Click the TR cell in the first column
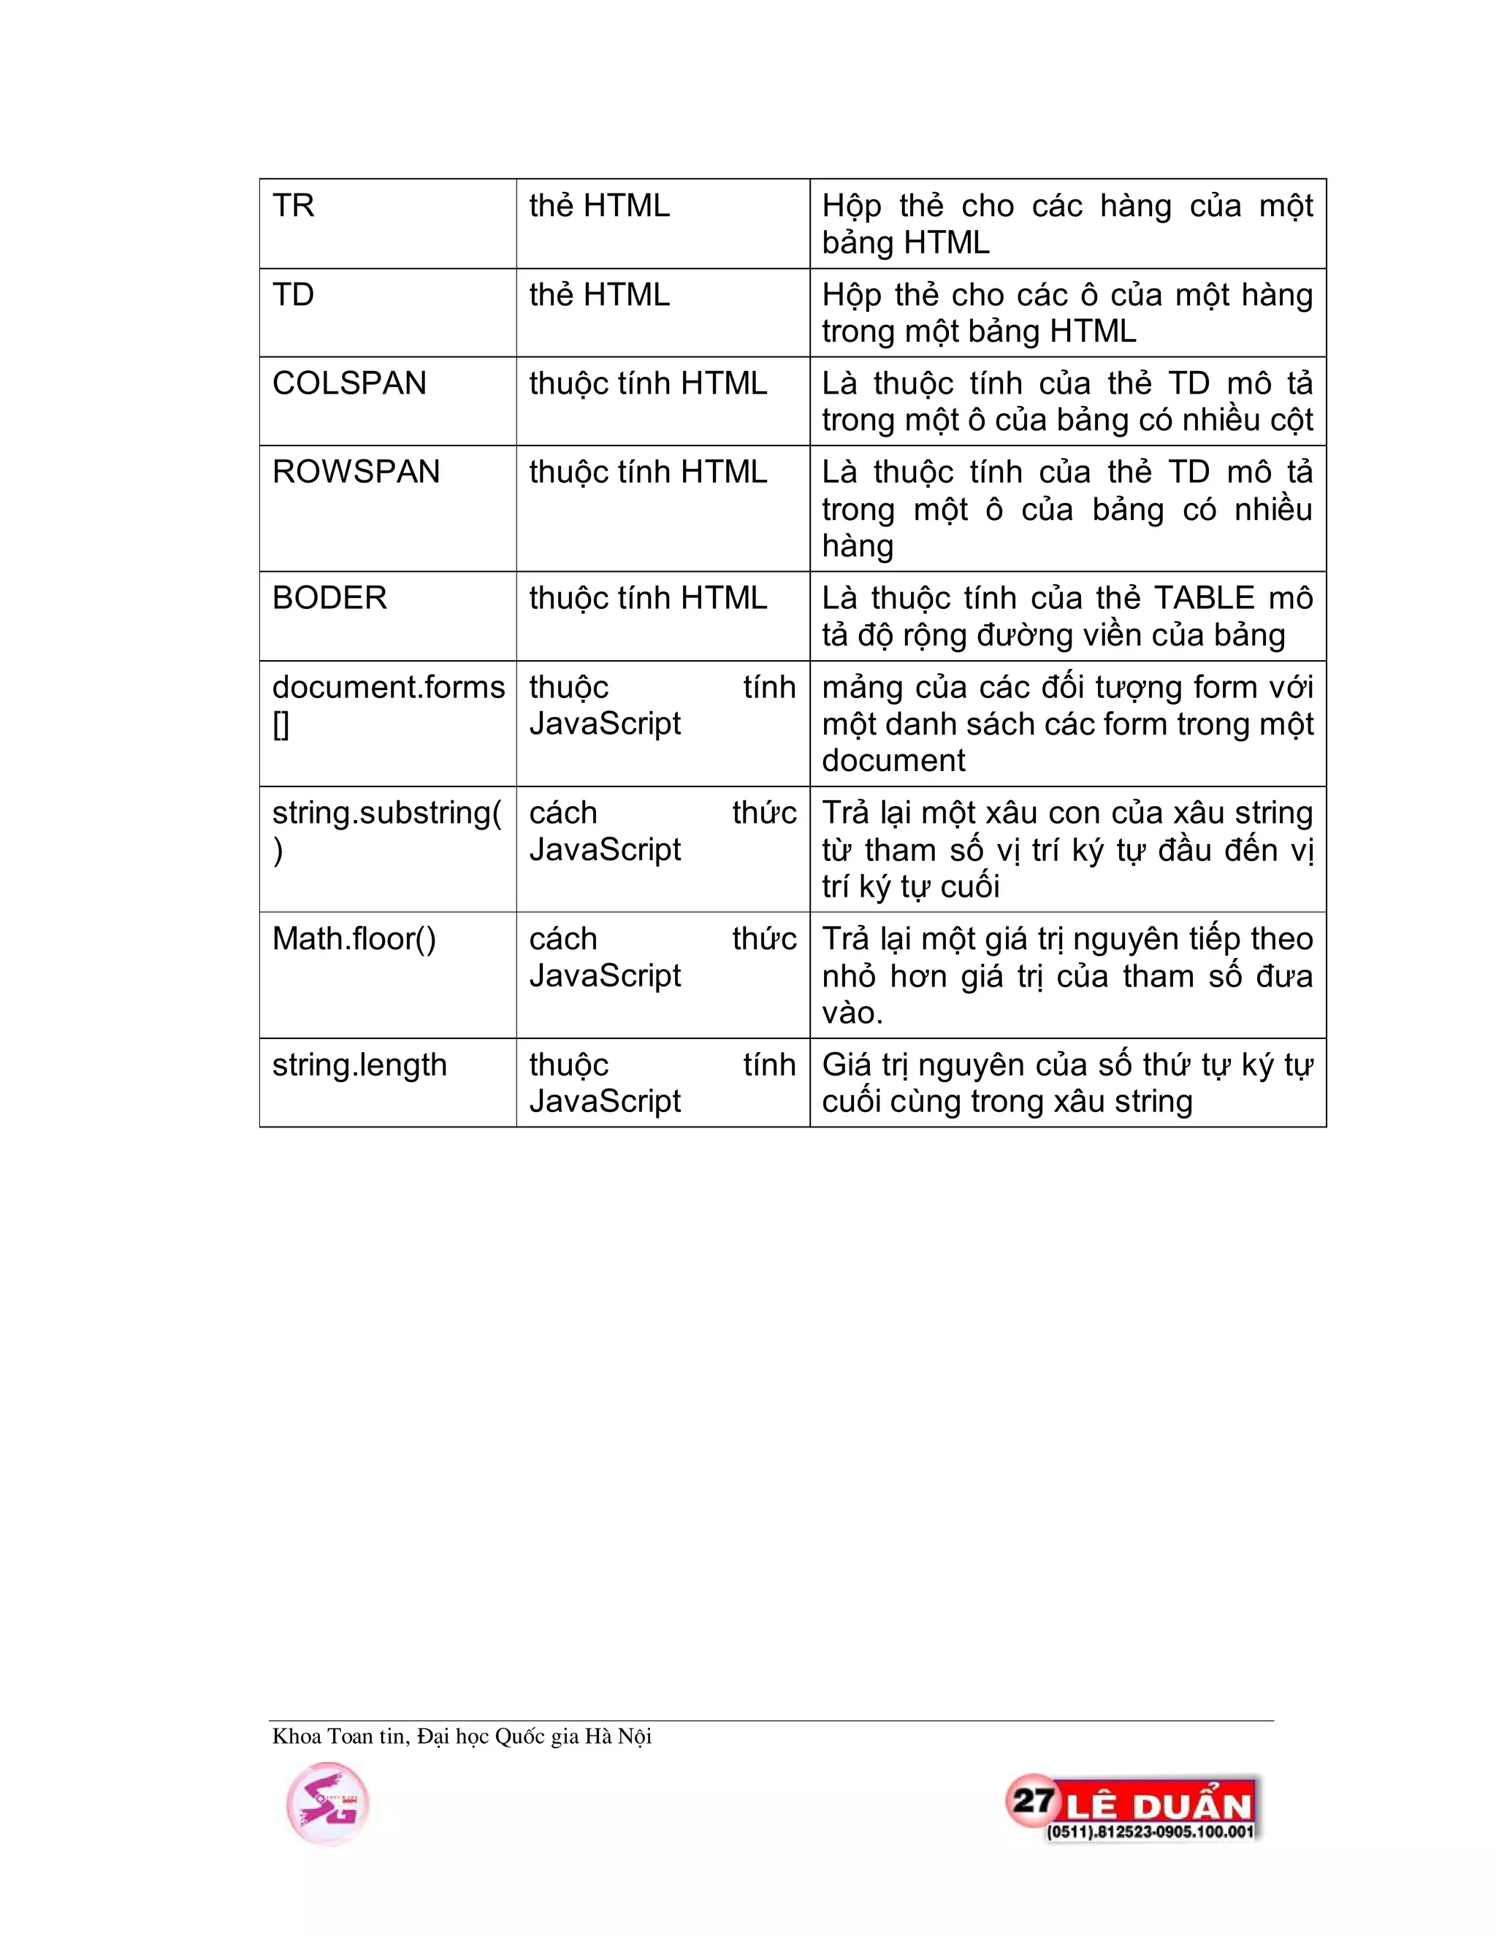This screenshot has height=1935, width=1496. click(x=294, y=206)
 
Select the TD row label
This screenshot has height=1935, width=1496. click(x=294, y=295)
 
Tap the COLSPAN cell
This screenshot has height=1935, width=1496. click(x=349, y=383)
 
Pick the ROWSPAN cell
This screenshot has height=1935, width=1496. click(x=356, y=472)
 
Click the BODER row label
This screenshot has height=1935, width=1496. click(x=329, y=598)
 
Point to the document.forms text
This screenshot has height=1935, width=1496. click(x=388, y=688)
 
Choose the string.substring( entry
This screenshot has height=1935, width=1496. click(x=386, y=813)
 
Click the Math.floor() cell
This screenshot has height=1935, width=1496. click(x=354, y=939)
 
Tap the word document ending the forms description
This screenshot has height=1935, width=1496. click(x=893, y=760)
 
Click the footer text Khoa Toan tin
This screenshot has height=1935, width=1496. click(x=340, y=1736)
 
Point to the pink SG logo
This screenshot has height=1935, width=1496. click(x=327, y=1804)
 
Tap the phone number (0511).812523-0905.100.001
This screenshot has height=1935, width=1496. click(x=1150, y=1831)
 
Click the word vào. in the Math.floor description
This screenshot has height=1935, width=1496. click(x=852, y=1013)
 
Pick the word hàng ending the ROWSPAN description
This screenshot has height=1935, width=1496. click(x=857, y=545)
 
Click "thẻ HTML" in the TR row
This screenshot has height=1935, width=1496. click(x=599, y=206)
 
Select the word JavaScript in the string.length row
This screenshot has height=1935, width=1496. click(x=604, y=1101)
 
